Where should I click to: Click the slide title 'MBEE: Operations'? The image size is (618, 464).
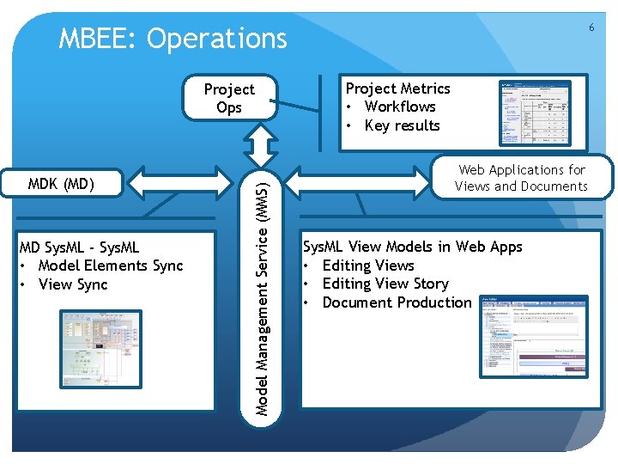point(173,39)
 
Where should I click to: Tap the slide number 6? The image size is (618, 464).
point(591,27)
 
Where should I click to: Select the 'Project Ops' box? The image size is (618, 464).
point(229,98)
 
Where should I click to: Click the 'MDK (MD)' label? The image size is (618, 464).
point(61,183)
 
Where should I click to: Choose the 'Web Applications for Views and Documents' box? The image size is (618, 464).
point(521,178)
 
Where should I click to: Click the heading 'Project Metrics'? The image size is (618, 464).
point(397,89)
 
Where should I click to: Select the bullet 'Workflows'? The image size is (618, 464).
point(400,107)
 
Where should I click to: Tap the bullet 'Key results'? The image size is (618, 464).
point(402,125)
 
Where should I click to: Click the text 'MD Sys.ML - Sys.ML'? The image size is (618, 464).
point(79,247)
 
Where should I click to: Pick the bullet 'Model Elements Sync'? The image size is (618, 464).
point(111,266)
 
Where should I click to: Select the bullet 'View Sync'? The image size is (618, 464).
point(73,284)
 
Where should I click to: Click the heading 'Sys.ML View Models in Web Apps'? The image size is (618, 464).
point(412,247)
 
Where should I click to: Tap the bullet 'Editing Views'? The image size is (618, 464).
point(368,266)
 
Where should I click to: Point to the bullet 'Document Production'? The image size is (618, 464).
point(397,302)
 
